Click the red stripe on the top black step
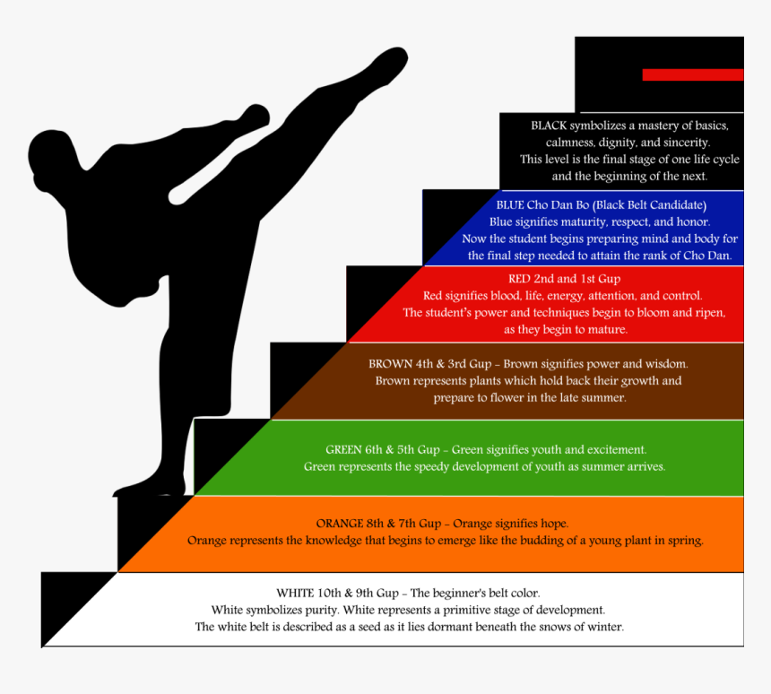click(x=693, y=74)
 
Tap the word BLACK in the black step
click(x=549, y=126)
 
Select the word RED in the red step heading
click(x=519, y=279)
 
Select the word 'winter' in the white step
click(x=607, y=627)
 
